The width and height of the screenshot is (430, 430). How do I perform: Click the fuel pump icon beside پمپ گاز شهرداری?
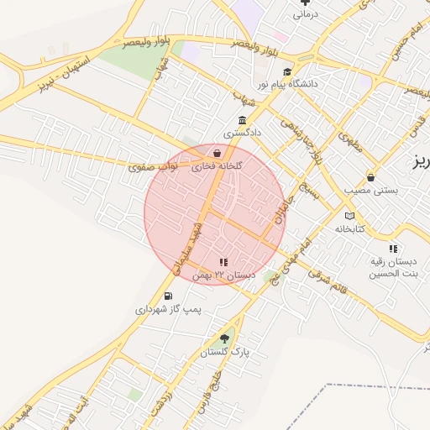169,296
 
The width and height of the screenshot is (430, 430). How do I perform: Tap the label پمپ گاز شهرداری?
169,309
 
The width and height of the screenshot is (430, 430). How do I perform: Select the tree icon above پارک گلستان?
223,339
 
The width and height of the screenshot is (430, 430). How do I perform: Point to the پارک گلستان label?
224,354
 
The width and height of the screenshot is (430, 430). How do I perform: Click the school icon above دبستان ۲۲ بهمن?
223,262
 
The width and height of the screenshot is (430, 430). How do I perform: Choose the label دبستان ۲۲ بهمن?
223,275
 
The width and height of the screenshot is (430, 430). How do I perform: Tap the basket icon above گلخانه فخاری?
218,154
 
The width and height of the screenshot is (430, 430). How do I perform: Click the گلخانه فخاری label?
217,166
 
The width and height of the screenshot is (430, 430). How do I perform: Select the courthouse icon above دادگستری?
242,119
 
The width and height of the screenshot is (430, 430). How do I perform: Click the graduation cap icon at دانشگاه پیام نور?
287,73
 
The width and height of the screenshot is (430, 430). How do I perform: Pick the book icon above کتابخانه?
349,215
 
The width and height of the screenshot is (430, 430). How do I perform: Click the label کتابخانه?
350,228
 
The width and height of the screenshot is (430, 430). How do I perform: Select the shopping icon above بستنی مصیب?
370,177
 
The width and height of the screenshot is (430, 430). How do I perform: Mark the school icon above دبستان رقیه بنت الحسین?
394,249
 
